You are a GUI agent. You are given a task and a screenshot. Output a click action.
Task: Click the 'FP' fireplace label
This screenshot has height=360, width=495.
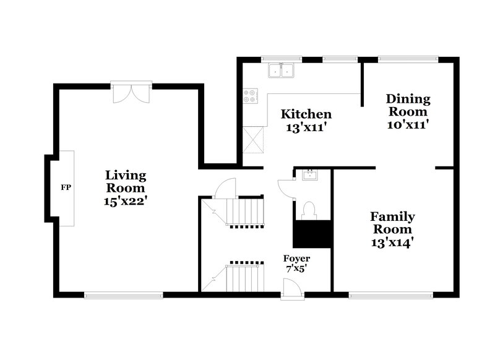(64, 187)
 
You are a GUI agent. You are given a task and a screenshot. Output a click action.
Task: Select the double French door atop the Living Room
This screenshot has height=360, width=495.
(131, 91)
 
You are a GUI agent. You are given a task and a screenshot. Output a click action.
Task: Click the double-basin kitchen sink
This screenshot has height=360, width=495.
(282, 71)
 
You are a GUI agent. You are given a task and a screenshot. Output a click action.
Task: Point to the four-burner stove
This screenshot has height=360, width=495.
(251, 96)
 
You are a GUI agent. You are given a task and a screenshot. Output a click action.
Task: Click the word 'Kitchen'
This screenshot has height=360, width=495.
(306, 114)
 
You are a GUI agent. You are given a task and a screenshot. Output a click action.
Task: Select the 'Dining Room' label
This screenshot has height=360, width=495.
(408, 105)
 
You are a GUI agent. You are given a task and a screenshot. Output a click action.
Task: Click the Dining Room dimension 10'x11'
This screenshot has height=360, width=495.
(408, 124)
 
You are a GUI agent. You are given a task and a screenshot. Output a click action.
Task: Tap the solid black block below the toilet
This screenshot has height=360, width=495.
(312, 234)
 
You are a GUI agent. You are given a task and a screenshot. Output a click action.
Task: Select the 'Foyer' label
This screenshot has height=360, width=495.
(296, 258)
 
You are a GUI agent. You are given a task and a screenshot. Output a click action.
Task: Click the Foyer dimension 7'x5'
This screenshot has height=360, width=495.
(296, 270)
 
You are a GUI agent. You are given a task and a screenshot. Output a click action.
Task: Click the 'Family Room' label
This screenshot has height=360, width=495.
(392, 223)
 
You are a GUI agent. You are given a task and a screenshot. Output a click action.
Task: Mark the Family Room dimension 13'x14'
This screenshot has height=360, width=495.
(392, 243)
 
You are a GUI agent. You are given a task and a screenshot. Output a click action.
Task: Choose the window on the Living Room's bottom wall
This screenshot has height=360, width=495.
(123, 295)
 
